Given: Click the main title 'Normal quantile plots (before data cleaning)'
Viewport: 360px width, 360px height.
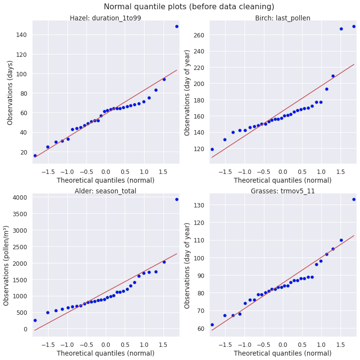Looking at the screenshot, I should click(x=189, y=7).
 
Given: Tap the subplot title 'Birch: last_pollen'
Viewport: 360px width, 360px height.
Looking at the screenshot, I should click(x=282, y=18).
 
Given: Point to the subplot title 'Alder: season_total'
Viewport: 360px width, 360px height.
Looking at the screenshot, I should click(x=105, y=191).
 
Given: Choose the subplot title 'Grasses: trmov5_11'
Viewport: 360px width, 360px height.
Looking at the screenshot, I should click(x=282, y=191).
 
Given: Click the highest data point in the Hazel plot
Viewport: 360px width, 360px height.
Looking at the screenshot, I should click(x=177, y=26).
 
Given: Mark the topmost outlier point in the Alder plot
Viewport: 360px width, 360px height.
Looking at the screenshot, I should click(x=177, y=199).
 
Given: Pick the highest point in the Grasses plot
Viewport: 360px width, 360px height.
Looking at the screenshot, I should click(x=354, y=199).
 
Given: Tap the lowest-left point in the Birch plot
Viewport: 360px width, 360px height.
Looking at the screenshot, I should click(x=212, y=149).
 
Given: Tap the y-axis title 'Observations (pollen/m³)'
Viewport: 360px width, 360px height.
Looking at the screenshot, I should click(x=7, y=265).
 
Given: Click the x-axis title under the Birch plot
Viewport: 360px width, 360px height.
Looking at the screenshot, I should click(x=282, y=180).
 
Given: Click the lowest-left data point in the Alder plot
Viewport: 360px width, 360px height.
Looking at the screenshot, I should click(x=35, y=320).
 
